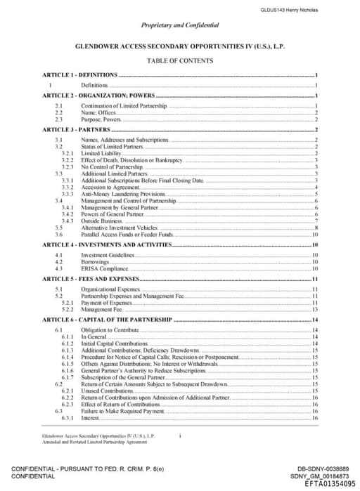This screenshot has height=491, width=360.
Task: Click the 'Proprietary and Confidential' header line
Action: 179,25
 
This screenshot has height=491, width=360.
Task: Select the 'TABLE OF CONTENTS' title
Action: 180,60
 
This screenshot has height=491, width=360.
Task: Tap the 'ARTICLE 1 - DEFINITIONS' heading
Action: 79,74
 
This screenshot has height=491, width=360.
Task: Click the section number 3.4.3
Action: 68,221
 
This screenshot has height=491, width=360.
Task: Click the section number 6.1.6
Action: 68,371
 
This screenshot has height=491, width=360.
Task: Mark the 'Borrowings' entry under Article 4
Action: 96,261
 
